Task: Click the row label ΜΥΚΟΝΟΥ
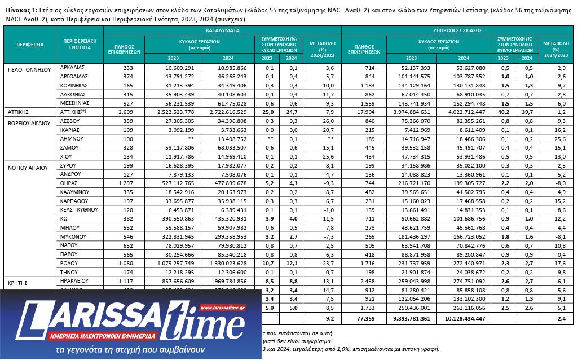click(73, 236)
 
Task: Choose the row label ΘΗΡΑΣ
click(69, 183)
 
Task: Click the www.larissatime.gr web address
click(222, 308)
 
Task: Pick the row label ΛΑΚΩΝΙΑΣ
click(72, 94)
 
